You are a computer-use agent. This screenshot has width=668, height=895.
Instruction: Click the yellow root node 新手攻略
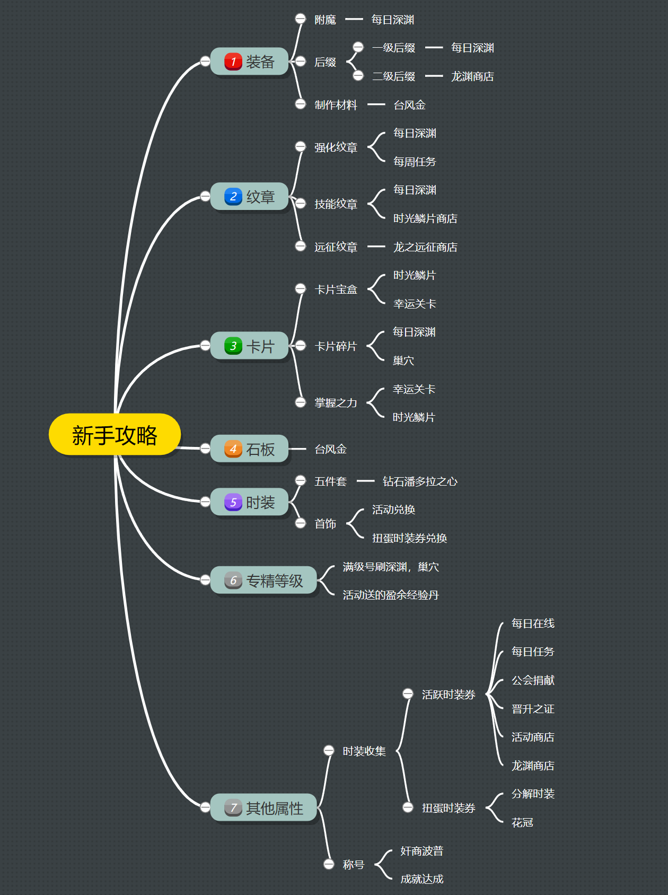(115, 435)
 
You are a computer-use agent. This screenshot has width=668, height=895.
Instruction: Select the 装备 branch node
(250, 62)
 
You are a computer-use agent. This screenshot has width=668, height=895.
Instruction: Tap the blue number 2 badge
(233, 197)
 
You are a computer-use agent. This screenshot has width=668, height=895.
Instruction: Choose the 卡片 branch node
(250, 346)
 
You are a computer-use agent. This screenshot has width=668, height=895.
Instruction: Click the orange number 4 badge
(233, 449)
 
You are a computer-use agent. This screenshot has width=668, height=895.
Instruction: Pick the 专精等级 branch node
(264, 581)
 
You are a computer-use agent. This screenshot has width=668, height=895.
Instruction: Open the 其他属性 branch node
(264, 808)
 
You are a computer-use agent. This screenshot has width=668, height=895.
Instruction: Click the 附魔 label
(325, 20)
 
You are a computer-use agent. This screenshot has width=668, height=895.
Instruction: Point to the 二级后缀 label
(393, 76)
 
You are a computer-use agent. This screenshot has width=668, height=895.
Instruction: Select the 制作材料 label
(336, 105)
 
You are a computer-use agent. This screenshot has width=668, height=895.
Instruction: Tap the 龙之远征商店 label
(425, 247)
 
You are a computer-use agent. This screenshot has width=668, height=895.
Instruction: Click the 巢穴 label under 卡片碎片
(403, 361)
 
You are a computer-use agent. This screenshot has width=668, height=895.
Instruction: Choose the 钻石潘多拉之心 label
(420, 481)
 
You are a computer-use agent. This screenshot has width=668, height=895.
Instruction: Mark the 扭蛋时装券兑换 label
(409, 538)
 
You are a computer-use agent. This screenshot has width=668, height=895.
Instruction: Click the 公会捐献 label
(533, 680)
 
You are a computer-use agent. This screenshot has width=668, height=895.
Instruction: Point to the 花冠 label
(522, 822)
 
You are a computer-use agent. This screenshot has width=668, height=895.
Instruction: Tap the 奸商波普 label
(421, 851)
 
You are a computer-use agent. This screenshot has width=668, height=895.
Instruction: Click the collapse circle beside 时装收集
(329, 751)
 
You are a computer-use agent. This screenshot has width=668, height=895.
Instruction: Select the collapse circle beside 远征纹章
(301, 246)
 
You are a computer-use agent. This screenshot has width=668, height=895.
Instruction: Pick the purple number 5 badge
(233, 502)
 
